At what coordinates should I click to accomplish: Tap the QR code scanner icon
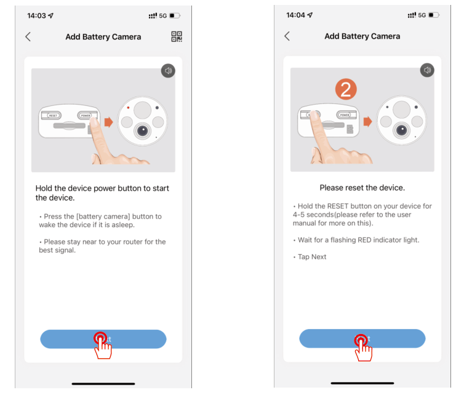177,37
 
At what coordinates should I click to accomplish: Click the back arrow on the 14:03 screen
28,37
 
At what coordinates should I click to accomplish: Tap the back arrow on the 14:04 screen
287,36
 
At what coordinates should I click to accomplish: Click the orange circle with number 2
345,90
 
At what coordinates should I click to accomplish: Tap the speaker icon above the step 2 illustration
427,70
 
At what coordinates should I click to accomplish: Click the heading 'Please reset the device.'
362,188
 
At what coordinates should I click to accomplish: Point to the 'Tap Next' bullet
311,257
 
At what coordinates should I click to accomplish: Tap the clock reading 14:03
36,15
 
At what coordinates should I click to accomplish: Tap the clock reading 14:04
295,15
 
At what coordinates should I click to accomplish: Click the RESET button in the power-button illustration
53,115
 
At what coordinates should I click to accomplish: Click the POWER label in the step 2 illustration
345,115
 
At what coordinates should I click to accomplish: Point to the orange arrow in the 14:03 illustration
108,122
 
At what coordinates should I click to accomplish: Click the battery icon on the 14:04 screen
434,15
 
